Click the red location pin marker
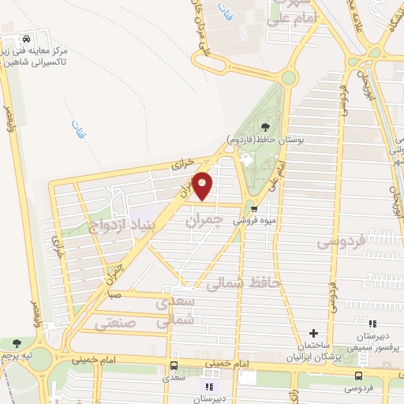point(203,185)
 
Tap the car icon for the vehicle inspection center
point(26,39)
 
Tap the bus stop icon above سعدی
point(173,366)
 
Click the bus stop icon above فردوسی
point(359,376)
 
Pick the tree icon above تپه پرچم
point(17,343)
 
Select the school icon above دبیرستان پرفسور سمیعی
point(372,324)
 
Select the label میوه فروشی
point(252,222)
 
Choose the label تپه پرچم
point(18,357)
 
